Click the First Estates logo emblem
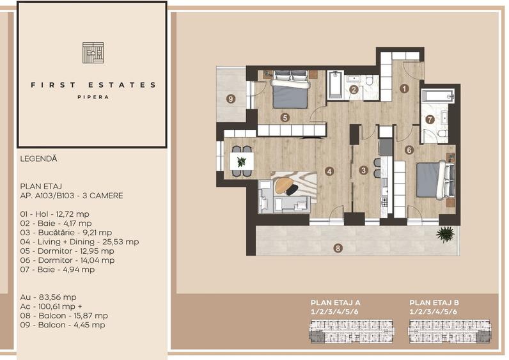[93, 52]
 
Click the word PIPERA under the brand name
[93, 97]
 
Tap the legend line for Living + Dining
[79, 242]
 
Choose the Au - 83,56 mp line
[48, 297]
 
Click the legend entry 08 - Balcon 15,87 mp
[63, 315]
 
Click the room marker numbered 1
[404, 89]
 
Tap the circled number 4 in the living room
[329, 171]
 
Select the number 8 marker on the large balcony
[338, 247]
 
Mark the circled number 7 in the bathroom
[430, 119]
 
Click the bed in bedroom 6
[435, 180]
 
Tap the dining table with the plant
[241, 162]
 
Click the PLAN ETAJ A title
[336, 302]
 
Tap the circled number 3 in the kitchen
[363, 170]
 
